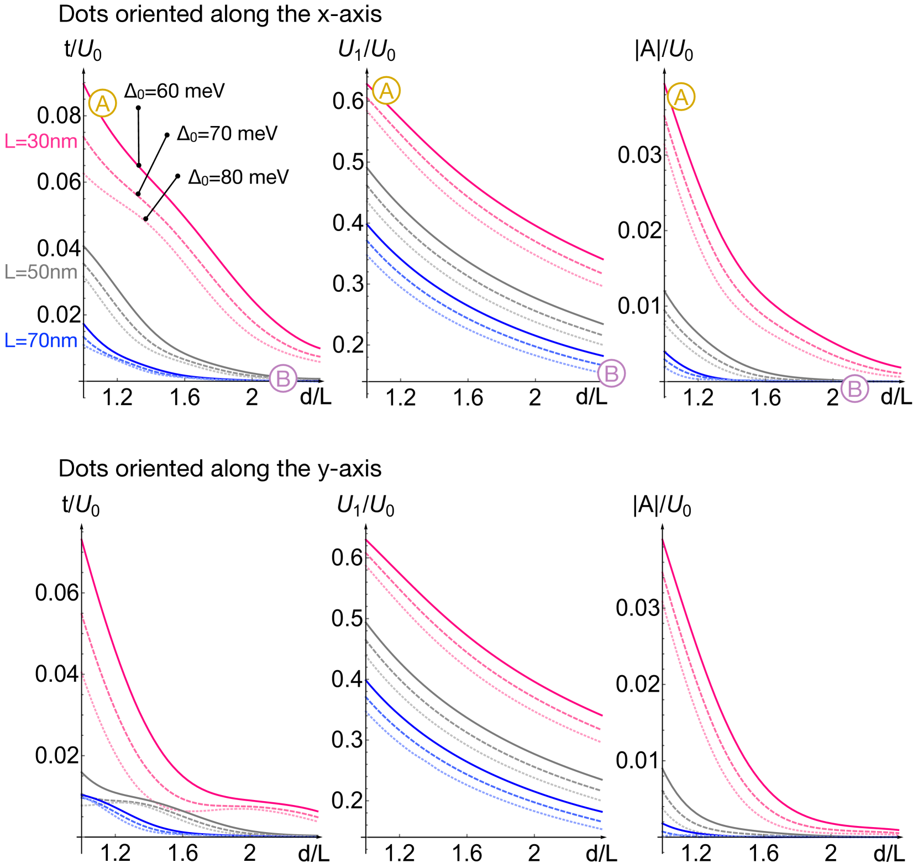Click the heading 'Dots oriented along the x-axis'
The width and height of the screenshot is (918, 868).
tap(220, 14)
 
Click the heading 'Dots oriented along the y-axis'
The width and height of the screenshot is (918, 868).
tap(220, 469)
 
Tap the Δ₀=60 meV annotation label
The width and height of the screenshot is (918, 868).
tap(175, 91)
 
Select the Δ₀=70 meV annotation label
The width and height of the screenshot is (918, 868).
tap(227, 134)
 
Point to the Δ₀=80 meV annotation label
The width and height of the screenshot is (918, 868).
tap(238, 177)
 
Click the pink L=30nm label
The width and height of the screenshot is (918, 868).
tap(41, 141)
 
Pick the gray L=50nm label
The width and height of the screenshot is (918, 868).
tap(41, 272)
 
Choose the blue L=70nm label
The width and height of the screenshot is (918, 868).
tap(41, 340)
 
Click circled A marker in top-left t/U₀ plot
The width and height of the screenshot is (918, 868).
tap(103, 103)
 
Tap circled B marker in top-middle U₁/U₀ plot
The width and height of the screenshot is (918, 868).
tap(611, 373)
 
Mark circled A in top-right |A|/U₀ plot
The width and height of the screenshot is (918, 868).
tap(681, 97)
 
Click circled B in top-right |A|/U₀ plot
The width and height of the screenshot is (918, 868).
tap(854, 389)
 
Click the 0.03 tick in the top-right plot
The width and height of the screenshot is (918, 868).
tap(639, 155)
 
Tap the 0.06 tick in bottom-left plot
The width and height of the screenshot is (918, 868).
tap(57, 593)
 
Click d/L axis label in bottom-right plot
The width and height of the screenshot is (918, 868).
tap(889, 854)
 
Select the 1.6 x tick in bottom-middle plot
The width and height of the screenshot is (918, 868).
tap(467, 854)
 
